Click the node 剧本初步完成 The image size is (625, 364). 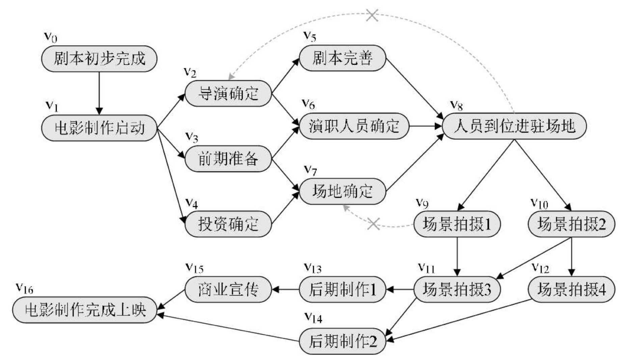pyautogui.click(x=99, y=59)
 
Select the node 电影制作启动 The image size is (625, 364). pyautogui.click(x=99, y=128)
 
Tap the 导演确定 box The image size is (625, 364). pyautogui.click(x=228, y=93)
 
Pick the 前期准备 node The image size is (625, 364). pyautogui.click(x=228, y=159)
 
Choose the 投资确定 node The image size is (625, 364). pyautogui.click(x=228, y=224)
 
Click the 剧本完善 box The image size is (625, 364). pyautogui.click(x=342, y=58)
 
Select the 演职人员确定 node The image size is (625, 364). pyautogui.click(x=354, y=126)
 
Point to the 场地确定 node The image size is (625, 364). pyautogui.click(x=342, y=191)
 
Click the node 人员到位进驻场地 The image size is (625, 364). pyautogui.click(x=514, y=126)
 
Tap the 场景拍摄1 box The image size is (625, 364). pyautogui.click(x=457, y=224)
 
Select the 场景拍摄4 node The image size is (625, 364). pyautogui.click(x=571, y=289)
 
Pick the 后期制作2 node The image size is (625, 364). pyautogui.click(x=342, y=342)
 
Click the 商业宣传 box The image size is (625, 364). pyautogui.click(x=228, y=289)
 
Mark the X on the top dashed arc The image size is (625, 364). pyautogui.click(x=372, y=15)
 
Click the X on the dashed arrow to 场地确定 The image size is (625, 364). pyautogui.click(x=373, y=224)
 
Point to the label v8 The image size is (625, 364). pyautogui.click(x=456, y=105)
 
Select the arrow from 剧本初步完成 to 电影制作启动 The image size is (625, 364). pyautogui.click(x=99, y=93)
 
